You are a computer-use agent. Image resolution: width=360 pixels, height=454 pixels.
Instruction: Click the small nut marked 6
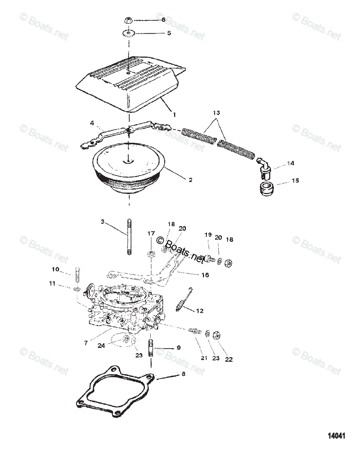click(x=129, y=20)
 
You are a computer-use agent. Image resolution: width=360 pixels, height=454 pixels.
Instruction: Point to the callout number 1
click(x=174, y=113)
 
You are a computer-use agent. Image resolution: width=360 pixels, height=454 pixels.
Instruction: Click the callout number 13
click(x=216, y=113)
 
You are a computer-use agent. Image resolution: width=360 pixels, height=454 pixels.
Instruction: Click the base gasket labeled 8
click(x=116, y=395)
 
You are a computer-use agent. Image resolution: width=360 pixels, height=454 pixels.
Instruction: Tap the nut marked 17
click(x=151, y=254)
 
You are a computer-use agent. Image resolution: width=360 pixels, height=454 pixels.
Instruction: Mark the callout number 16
click(x=205, y=275)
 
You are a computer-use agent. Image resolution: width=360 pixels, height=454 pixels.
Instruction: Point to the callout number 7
click(x=87, y=343)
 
